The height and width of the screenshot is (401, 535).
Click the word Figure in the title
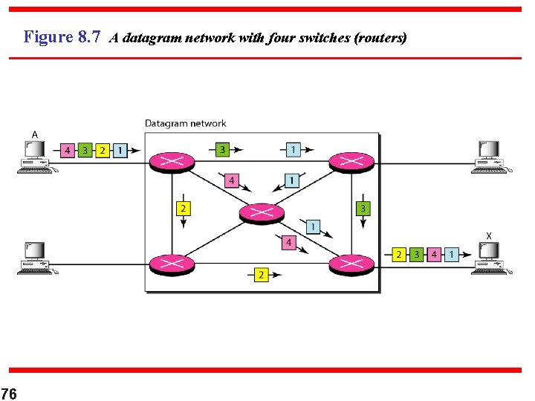click(48, 37)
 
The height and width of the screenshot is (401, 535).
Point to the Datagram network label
click(185, 123)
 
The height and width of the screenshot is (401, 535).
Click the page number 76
click(9, 393)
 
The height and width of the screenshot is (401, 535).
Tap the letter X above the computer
click(488, 235)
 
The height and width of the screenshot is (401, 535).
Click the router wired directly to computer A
click(172, 160)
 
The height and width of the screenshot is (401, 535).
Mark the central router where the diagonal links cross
click(262, 213)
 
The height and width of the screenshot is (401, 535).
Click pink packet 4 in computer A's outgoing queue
click(68, 151)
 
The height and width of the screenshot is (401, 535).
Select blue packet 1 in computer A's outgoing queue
click(120, 151)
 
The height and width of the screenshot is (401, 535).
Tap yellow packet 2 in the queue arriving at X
click(399, 255)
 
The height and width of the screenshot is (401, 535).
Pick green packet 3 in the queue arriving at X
click(417, 255)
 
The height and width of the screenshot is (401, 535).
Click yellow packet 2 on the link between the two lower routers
click(261, 275)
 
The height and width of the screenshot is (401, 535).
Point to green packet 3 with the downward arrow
click(363, 208)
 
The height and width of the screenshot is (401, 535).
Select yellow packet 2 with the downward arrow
click(183, 208)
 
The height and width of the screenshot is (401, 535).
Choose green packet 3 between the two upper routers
click(222, 150)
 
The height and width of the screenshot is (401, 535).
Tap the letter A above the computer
click(34, 134)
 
